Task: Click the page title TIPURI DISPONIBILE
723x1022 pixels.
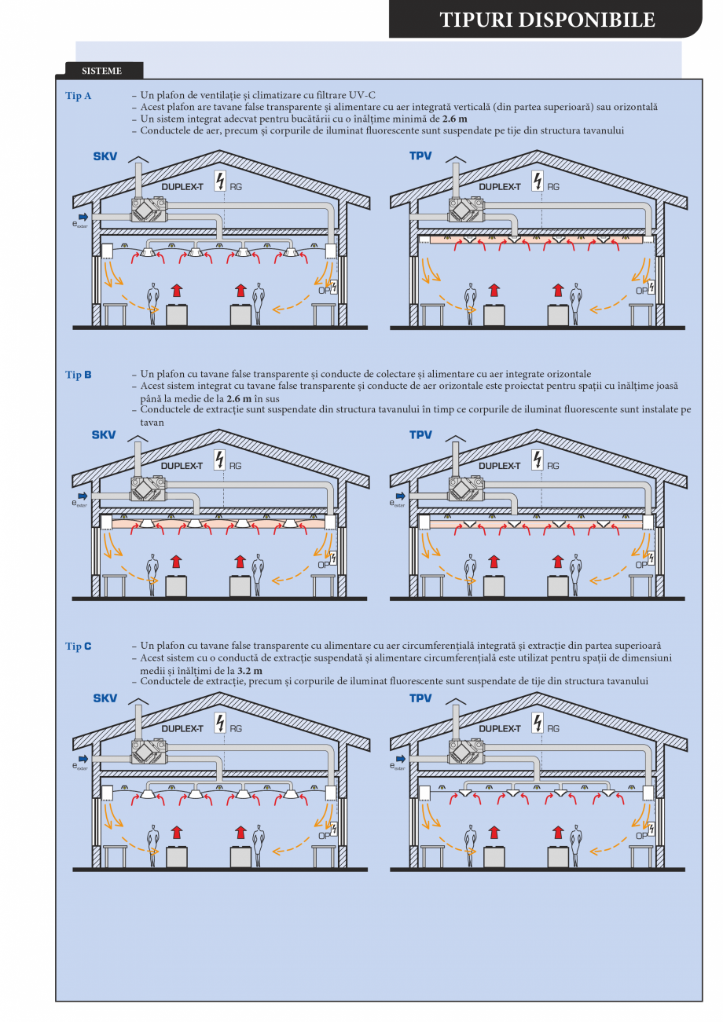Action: (547, 20)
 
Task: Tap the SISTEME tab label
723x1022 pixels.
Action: (101, 71)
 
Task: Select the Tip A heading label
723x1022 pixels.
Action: (79, 95)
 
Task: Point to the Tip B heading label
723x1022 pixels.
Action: (79, 375)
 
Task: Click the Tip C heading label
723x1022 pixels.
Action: (79, 646)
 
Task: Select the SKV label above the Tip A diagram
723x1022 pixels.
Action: (105, 157)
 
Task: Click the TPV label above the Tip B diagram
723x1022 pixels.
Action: (420, 435)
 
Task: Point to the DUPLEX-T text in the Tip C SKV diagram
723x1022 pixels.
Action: (182, 728)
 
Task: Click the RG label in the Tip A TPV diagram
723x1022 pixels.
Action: (553, 187)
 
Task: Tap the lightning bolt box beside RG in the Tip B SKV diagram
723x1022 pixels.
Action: (219, 460)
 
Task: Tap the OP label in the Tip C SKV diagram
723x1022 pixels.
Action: (323, 836)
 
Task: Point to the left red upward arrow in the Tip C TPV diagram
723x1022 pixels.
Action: (494, 830)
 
